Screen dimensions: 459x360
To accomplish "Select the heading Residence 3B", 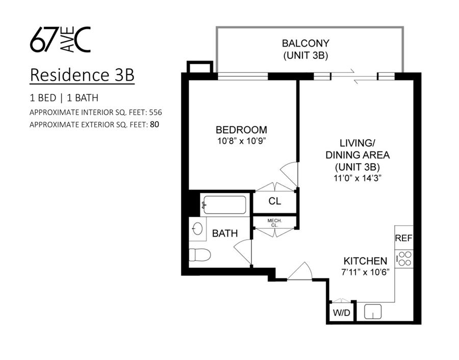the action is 82,74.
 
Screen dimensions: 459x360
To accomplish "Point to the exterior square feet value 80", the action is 154,124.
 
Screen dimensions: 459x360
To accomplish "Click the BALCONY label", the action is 306,43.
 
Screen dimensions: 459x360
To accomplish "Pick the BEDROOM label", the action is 241,130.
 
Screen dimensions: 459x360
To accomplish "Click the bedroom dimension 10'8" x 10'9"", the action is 241,141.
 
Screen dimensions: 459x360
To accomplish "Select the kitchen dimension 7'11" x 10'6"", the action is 365,272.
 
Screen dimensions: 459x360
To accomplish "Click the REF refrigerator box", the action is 403,238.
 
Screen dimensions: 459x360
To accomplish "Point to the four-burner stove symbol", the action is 404,259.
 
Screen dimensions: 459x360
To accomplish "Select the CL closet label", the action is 275,201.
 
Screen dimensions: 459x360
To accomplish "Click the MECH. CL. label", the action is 274,222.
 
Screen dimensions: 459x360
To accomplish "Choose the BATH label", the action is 225,234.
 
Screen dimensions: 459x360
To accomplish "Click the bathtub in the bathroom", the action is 224,205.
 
